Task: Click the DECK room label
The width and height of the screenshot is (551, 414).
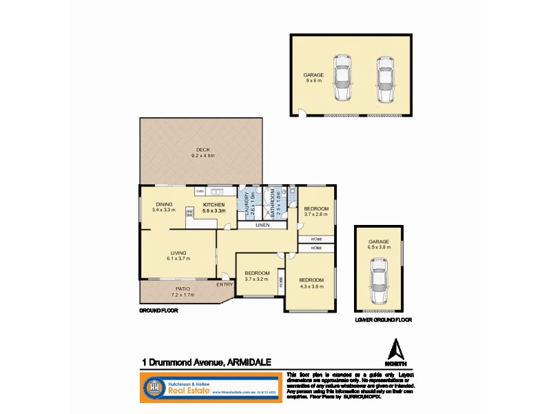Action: tap(203, 150)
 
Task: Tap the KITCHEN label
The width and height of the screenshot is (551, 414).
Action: tap(214, 205)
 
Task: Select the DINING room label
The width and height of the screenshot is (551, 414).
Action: tap(164, 204)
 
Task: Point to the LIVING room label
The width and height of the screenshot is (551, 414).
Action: tap(178, 253)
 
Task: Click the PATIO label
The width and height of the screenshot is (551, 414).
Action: tap(183, 289)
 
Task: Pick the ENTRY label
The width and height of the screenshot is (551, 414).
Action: tap(225, 284)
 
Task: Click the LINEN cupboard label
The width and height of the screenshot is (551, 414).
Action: tap(262, 225)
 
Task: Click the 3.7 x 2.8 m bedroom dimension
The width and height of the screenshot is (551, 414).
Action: tap(316, 215)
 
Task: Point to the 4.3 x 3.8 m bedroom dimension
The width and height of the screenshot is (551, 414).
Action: tap(311, 286)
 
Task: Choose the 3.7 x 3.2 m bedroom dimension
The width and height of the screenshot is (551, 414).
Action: tap(257, 279)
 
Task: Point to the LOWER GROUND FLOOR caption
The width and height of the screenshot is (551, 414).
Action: tap(384, 320)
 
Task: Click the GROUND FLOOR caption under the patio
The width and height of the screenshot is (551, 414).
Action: tap(158, 311)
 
